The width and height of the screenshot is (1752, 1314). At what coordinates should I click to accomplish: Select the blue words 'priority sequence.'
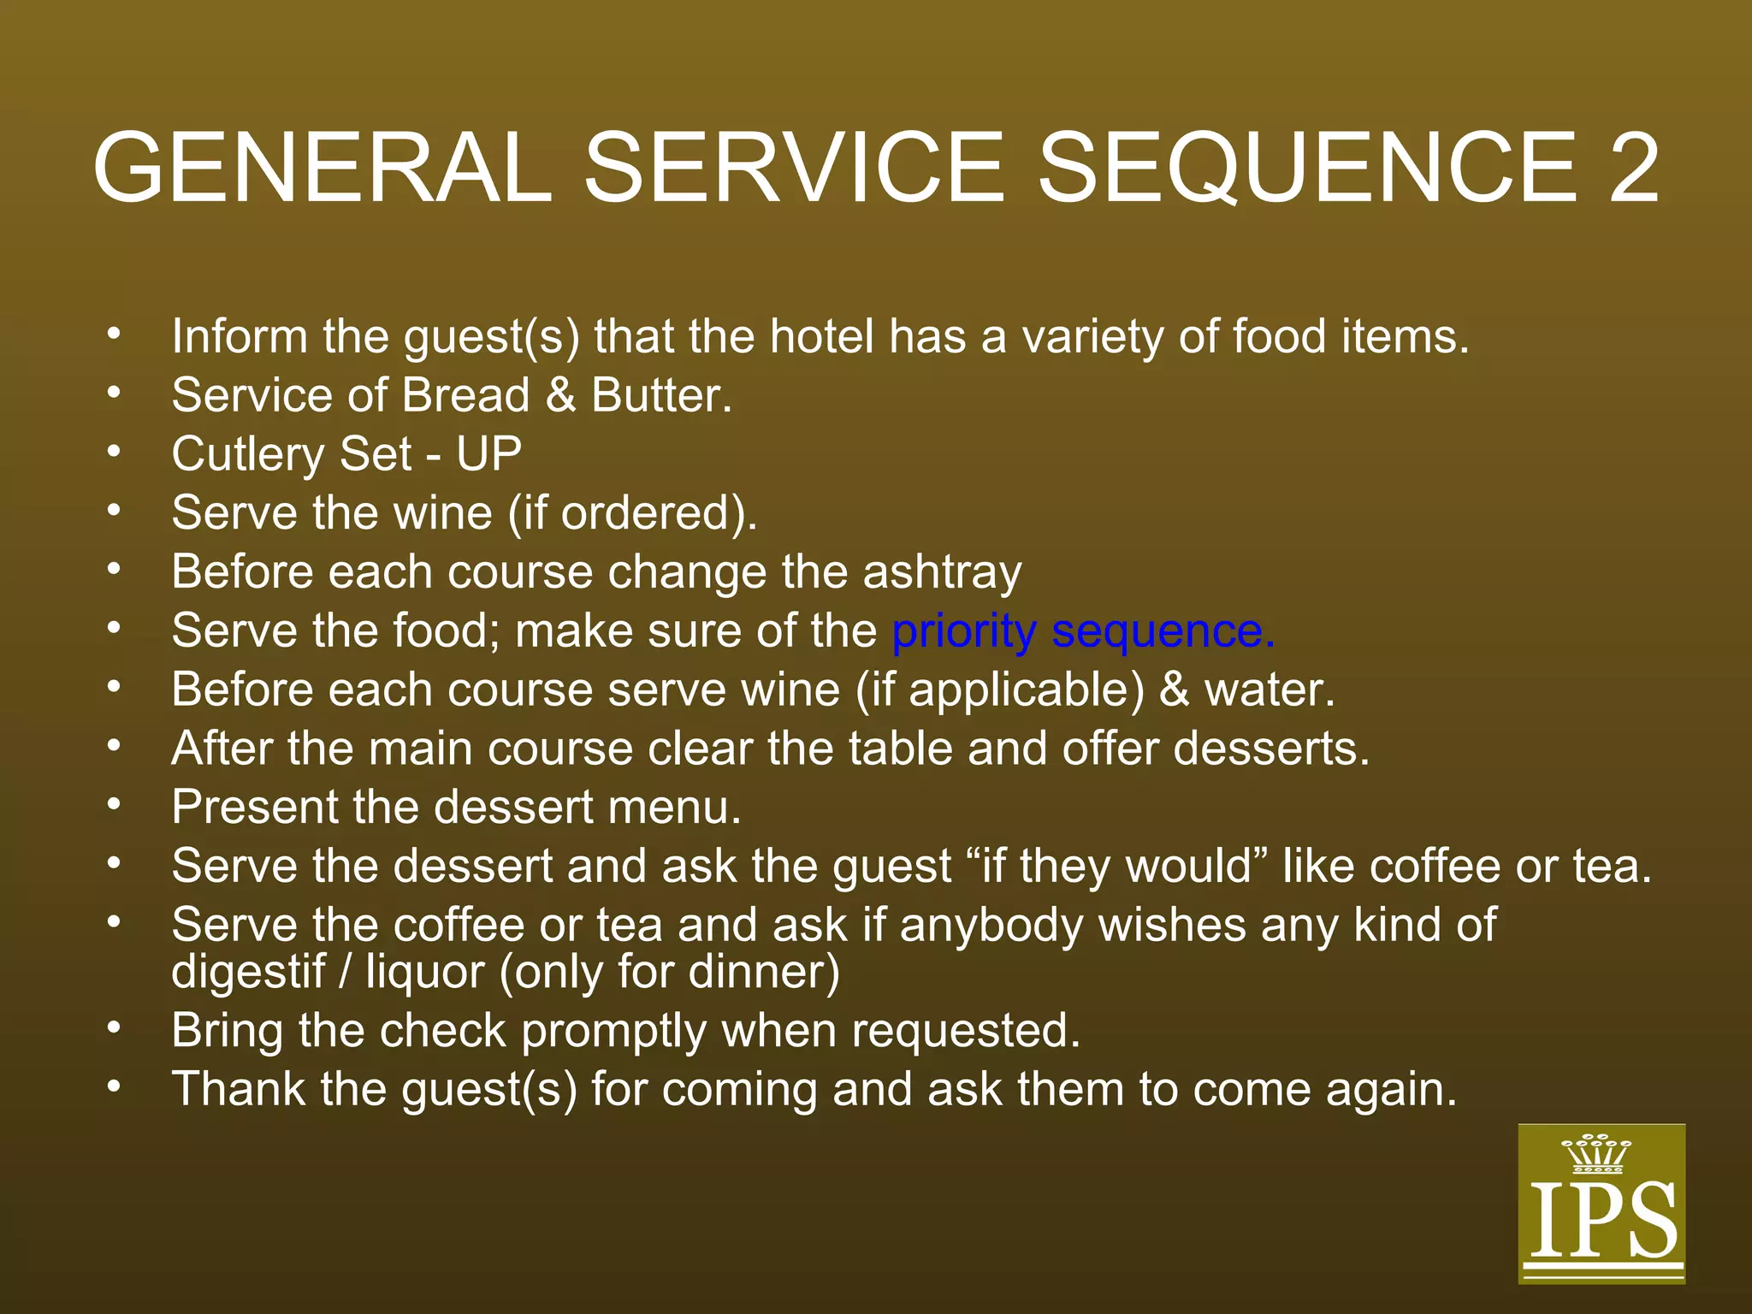(x=1083, y=631)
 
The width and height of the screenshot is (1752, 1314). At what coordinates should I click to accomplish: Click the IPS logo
(x=1601, y=1203)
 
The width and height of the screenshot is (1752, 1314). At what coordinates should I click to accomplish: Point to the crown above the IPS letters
(x=1596, y=1153)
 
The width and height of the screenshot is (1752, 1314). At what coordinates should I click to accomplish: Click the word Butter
(x=661, y=396)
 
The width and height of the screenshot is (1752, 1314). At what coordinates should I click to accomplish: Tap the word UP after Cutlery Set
(x=488, y=454)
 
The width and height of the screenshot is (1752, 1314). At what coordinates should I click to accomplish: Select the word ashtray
(x=942, y=571)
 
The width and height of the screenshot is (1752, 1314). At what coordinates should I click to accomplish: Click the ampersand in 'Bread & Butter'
(x=560, y=396)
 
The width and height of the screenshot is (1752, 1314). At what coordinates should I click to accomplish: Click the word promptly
(x=613, y=1031)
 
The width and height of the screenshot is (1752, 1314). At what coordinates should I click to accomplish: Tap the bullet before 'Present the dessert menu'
(x=114, y=804)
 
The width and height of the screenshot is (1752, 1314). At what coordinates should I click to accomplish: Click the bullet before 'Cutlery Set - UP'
(x=114, y=451)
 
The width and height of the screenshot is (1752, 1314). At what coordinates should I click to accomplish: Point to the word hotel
(x=821, y=336)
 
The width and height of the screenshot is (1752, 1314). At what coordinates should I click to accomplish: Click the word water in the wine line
(x=1270, y=690)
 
